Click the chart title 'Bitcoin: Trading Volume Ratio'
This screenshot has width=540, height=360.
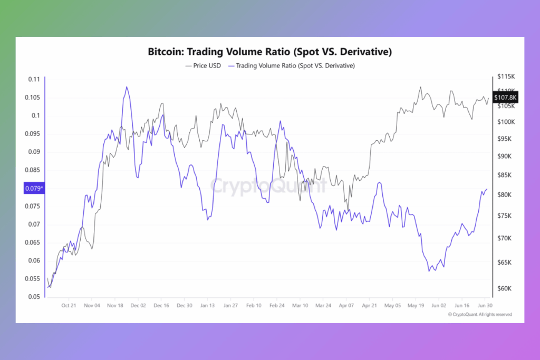[269, 53]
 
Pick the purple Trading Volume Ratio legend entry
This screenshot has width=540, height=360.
[292, 66]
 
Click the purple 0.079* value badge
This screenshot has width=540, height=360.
[33, 188]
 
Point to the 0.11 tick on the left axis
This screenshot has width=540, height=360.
[34, 79]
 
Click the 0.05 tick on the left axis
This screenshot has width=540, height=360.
[34, 297]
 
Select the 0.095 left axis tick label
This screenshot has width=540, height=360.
[33, 134]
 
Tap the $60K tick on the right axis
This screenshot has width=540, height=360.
[507, 288]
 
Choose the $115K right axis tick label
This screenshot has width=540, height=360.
[507, 77]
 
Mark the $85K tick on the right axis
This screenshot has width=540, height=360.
[507, 175]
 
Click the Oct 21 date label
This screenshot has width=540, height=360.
[69, 305]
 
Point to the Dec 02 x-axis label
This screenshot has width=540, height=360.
[138, 305]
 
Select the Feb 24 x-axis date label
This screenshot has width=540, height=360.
[277, 305]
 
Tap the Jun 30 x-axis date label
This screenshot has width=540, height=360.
[485, 305]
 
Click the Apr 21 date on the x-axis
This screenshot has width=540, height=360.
[369, 305]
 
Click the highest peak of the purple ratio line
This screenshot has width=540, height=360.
[127, 87]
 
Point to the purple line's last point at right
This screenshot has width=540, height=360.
[486, 189]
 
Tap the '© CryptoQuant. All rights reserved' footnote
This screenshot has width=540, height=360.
[480, 315]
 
